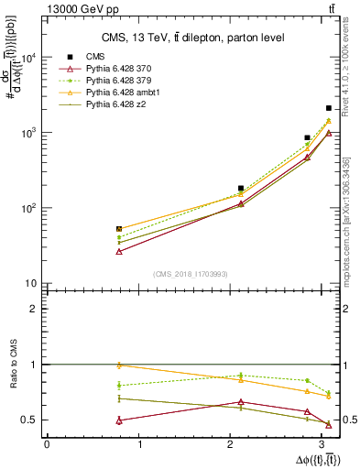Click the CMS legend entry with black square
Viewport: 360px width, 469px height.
tap(93, 56)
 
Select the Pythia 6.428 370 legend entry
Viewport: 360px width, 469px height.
tap(116, 69)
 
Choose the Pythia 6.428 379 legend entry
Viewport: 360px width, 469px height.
tap(116, 81)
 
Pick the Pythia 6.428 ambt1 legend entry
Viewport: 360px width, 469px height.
tap(119, 93)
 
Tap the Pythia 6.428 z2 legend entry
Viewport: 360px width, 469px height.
tap(112, 105)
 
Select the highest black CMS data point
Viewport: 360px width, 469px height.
tap(329, 108)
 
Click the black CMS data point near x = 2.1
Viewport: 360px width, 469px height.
tap(241, 188)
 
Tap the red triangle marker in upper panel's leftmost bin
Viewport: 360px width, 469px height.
tap(119, 251)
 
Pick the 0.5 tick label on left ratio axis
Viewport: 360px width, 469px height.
tap(29, 420)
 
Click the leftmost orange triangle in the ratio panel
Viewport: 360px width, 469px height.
tap(119, 365)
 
